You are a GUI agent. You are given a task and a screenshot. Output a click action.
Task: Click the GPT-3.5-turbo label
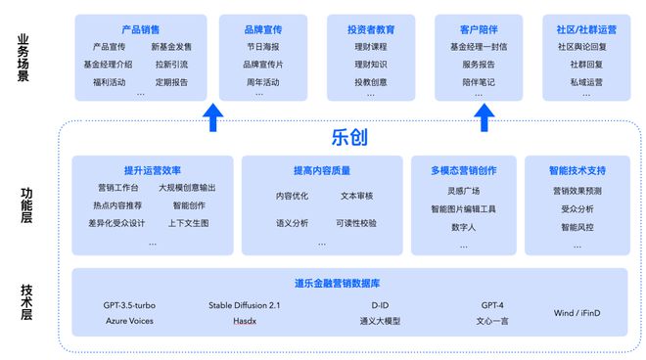tap(129, 305)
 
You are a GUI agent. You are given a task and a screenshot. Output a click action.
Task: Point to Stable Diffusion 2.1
tap(244, 305)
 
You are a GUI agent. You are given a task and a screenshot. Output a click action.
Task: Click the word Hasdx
tap(244, 320)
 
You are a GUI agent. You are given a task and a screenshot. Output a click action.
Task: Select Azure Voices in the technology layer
tap(129, 320)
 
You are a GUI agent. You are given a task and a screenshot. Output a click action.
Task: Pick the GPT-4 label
tap(491, 305)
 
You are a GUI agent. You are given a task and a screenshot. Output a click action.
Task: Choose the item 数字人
tap(463, 227)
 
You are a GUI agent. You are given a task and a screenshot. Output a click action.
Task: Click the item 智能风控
tap(577, 227)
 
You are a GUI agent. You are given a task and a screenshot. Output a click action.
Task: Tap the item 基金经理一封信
tap(479, 47)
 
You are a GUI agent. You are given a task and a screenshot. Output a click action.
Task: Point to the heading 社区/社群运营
tap(586, 30)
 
